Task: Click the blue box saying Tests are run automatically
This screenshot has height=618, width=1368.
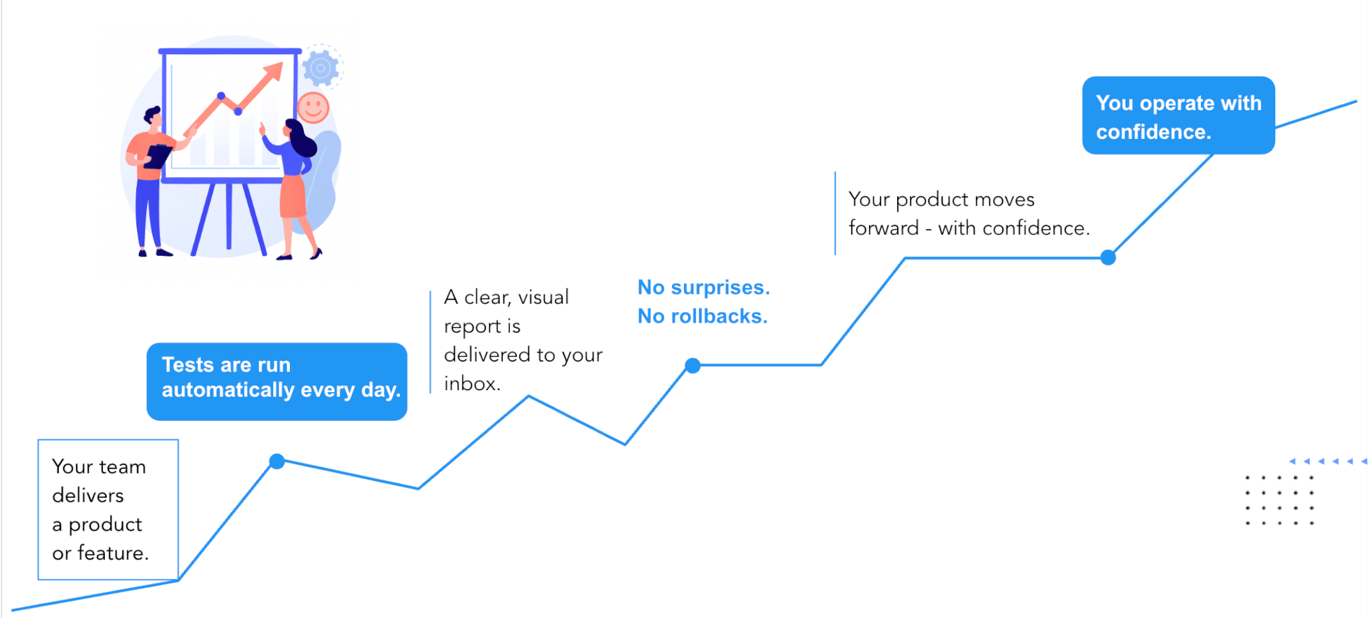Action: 277,381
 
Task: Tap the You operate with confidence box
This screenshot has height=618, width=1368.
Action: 1178,116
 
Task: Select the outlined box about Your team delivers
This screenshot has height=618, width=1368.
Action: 108,509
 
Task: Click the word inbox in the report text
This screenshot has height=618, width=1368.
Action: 471,383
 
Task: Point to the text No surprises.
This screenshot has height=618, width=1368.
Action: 703,287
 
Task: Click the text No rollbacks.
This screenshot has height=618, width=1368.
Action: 703,316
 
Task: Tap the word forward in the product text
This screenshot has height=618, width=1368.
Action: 883,228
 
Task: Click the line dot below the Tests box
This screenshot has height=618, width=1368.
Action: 277,461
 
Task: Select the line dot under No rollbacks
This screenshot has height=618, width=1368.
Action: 693,365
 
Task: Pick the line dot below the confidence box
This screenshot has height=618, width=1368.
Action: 1108,257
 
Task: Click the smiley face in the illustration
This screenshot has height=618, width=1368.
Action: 313,107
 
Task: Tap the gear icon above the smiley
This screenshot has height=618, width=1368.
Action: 321,67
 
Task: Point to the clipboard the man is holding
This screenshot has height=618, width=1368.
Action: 158,156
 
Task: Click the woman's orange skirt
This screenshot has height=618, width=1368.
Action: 293,196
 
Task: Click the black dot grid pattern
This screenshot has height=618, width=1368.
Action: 1279,500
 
